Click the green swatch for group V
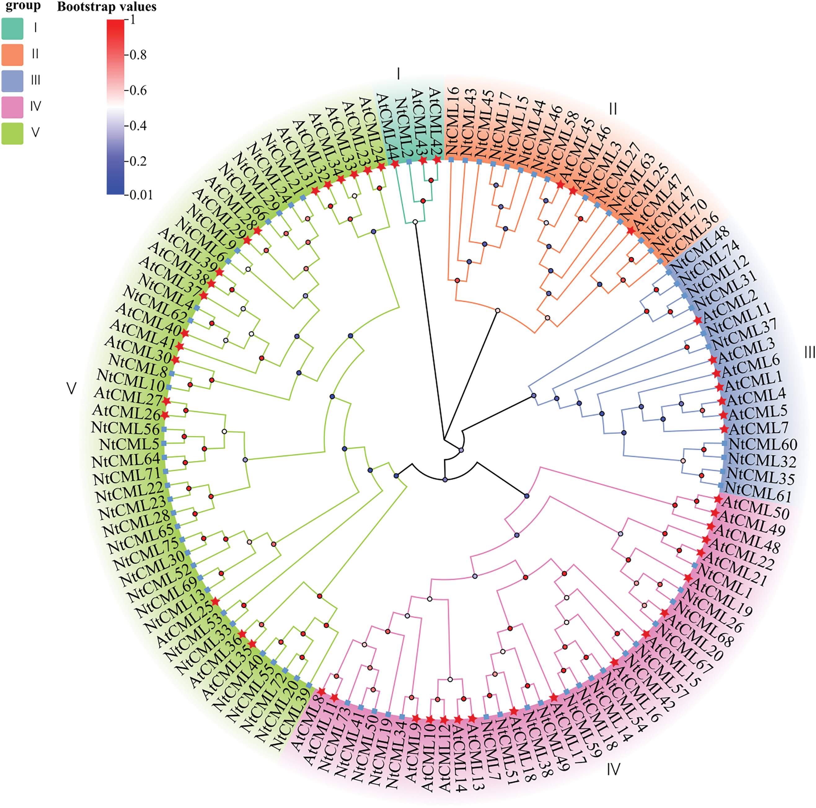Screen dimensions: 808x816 tap(12, 133)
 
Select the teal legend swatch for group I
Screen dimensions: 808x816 tap(12, 28)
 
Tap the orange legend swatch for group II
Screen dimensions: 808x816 tap(12, 55)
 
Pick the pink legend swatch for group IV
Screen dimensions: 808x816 tap(12, 107)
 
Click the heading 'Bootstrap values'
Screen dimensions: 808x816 tap(107, 7)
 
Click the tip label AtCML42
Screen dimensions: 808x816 tap(435, 122)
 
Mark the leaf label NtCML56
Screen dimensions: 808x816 tap(126, 428)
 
